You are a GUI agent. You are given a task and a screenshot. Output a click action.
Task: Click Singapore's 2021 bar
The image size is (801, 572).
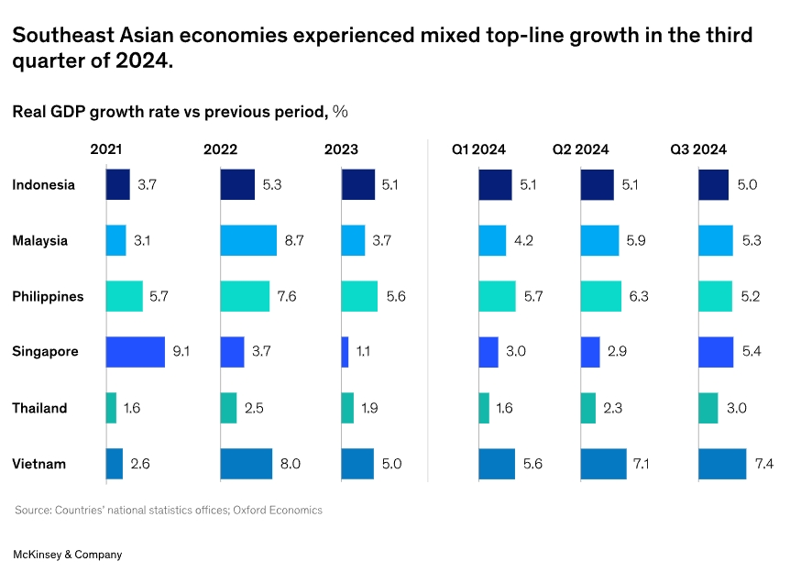[x=135, y=352]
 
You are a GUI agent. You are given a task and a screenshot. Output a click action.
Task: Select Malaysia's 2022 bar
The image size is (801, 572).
[x=247, y=241]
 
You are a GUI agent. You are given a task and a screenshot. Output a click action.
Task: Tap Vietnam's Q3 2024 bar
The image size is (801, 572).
[x=722, y=464]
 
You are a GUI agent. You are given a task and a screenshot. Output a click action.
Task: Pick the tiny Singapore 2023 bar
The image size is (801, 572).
[x=345, y=352]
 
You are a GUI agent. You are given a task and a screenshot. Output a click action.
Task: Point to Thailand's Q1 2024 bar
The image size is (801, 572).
[x=484, y=408]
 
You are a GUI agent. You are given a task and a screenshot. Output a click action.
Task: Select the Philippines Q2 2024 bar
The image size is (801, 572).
[x=600, y=296]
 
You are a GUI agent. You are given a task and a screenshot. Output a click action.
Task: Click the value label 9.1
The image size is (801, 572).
[x=181, y=352]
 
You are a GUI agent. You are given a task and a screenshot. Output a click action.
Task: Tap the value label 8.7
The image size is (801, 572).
[x=295, y=241]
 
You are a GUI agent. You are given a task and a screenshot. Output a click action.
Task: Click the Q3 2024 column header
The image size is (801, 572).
[x=698, y=149]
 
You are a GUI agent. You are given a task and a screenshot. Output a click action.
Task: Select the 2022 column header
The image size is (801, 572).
[x=220, y=149]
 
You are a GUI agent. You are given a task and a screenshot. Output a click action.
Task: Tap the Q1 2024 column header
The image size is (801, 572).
[x=478, y=149]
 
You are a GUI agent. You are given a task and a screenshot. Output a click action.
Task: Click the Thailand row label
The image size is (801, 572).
[x=39, y=409]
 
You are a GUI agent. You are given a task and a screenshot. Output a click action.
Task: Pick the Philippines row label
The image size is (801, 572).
[x=48, y=297]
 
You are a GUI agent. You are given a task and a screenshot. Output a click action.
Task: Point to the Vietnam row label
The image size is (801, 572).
[x=38, y=464]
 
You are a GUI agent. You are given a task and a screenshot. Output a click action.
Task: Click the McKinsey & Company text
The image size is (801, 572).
[x=67, y=555]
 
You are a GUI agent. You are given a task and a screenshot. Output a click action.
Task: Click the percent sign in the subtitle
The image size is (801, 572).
[x=340, y=112]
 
